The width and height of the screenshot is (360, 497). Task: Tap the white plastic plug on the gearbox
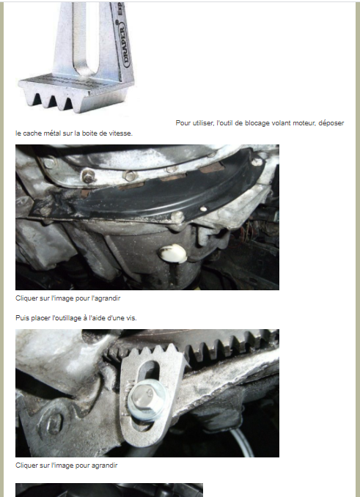click(x=172, y=254)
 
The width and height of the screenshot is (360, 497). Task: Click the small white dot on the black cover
click(x=204, y=209)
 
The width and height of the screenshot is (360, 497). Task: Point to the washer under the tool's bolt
click(x=147, y=400)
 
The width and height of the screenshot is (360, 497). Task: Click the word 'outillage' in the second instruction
click(x=67, y=318)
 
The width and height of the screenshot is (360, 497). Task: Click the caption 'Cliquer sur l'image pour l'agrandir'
click(x=67, y=298)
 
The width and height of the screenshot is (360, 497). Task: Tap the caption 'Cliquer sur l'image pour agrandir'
click(x=67, y=465)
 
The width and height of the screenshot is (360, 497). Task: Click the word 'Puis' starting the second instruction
click(x=21, y=318)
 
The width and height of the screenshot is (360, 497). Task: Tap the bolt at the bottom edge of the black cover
click(x=177, y=217)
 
